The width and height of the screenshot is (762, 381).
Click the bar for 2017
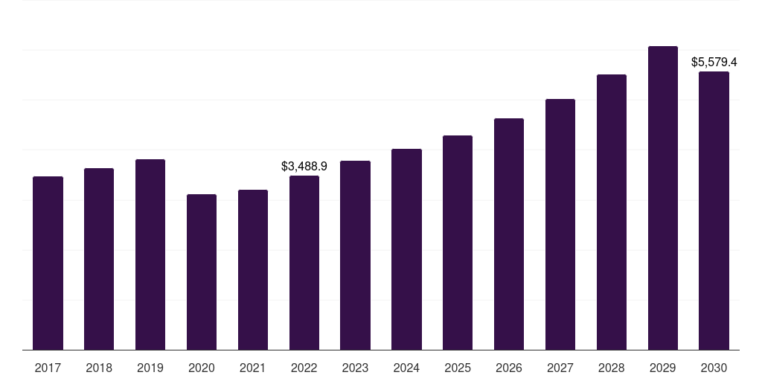click(48, 263)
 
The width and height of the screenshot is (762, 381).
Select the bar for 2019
click(150, 254)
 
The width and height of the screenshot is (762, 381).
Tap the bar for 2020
click(202, 272)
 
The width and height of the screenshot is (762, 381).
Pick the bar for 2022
click(304, 263)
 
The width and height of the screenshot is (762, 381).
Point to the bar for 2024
click(407, 249)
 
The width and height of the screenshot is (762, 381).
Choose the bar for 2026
click(509, 234)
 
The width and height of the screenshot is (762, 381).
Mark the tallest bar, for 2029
click(663, 198)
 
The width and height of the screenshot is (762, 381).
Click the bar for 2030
click(714, 211)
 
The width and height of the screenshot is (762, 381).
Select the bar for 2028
click(612, 212)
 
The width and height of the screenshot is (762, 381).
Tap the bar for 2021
click(253, 269)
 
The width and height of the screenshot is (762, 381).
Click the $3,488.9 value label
click(304, 166)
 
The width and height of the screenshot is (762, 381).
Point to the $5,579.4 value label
click(714, 63)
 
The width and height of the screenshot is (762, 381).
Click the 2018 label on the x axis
click(99, 368)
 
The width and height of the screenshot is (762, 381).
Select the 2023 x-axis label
click(355, 368)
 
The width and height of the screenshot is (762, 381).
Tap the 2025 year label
click(458, 368)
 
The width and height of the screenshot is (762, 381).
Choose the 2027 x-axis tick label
click(560, 368)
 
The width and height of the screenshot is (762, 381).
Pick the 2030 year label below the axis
click(714, 368)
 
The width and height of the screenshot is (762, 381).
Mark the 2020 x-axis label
click(202, 368)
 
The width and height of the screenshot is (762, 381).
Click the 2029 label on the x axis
click(663, 368)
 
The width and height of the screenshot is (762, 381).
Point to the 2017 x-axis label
click(48, 368)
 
